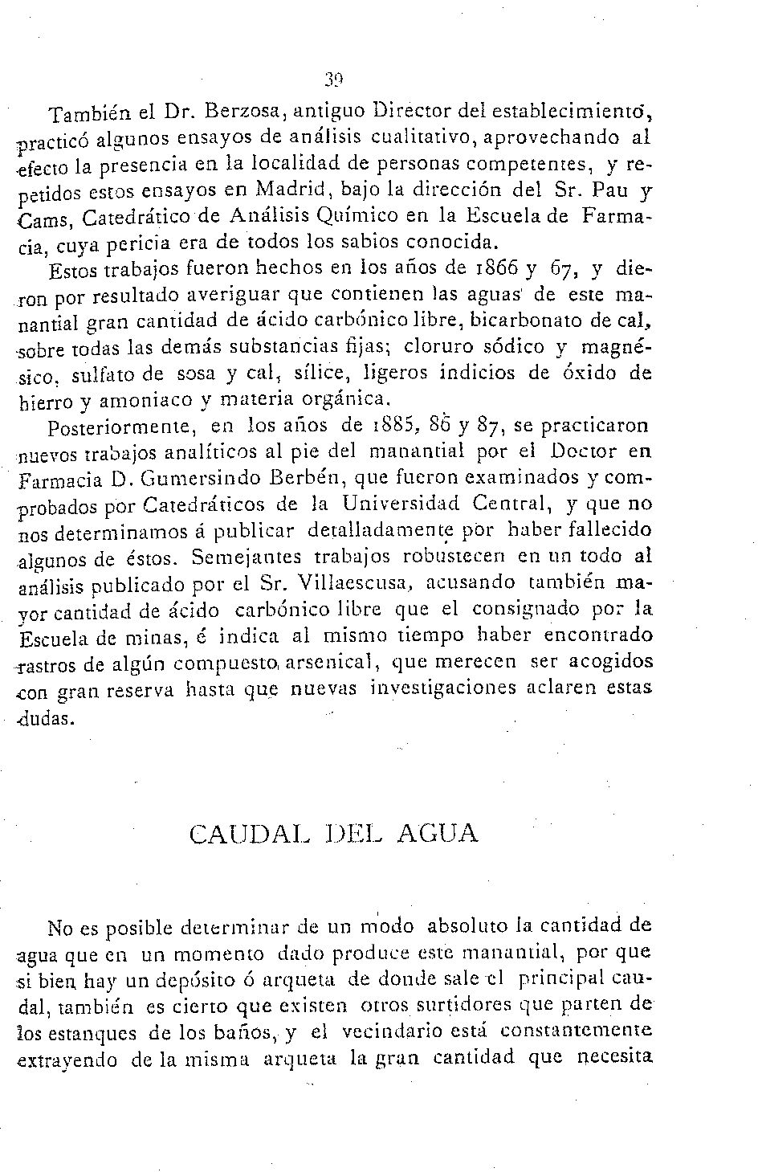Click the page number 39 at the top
click(x=334, y=79)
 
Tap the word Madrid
click(x=294, y=190)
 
